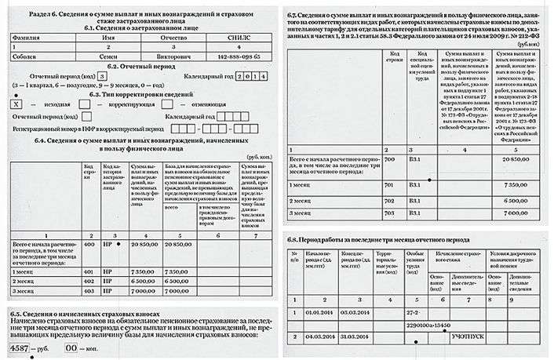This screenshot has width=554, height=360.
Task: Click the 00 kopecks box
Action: point(72,346)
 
